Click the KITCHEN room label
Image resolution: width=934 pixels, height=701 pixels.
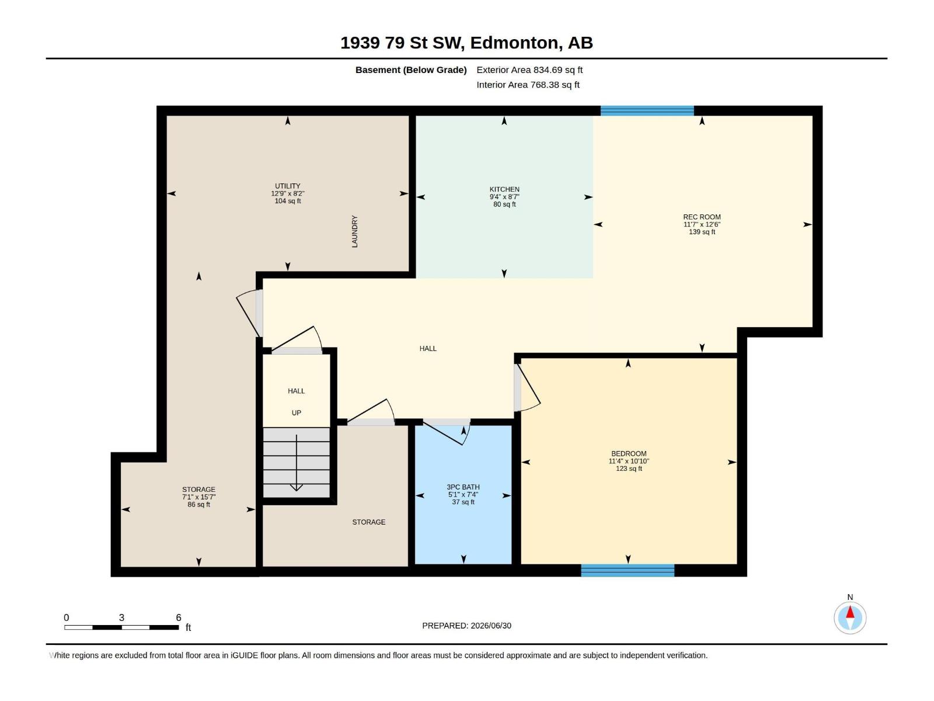[x=504, y=189]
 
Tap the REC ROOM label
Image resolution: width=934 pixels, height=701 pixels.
[x=702, y=217]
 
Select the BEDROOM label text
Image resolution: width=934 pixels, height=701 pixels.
[x=629, y=454]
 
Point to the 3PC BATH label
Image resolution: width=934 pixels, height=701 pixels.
[x=463, y=487]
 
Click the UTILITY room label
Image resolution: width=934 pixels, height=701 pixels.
[x=288, y=186]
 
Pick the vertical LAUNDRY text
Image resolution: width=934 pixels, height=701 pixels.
[x=354, y=231]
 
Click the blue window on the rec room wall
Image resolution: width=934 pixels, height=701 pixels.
[x=647, y=110]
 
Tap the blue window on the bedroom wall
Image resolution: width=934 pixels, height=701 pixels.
[x=628, y=570]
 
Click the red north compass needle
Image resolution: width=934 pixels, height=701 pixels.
[x=850, y=612]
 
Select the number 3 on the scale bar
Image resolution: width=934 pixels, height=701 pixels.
[x=121, y=617]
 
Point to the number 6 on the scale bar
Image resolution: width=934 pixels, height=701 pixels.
[x=179, y=617]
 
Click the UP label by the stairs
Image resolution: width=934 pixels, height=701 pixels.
[x=296, y=413]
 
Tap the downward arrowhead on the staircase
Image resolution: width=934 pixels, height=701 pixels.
[x=296, y=487]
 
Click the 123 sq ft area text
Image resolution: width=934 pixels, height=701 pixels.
[x=629, y=469]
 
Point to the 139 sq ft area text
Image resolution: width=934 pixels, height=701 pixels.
[x=702, y=232]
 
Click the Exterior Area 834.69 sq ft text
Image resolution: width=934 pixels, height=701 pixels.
[x=529, y=70]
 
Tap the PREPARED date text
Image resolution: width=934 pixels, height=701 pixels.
[x=467, y=626]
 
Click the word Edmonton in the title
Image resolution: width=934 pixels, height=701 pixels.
[x=514, y=43]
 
